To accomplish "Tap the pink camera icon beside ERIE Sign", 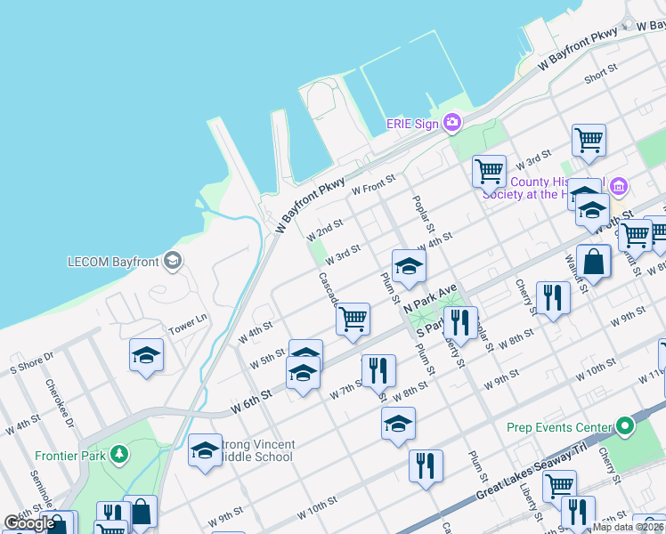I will click(x=452, y=122).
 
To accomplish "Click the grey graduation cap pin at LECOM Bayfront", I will click(x=172, y=261).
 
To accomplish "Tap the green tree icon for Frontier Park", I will click(x=118, y=455).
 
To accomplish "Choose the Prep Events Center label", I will click(x=559, y=427).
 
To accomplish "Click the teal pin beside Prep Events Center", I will click(x=625, y=426).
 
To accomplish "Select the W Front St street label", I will click(x=373, y=187).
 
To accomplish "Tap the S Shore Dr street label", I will click(x=32, y=360).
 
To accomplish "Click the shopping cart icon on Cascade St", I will click(x=353, y=318).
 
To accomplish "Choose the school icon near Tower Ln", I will click(x=147, y=354).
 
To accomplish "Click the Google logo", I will click(x=29, y=523).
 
